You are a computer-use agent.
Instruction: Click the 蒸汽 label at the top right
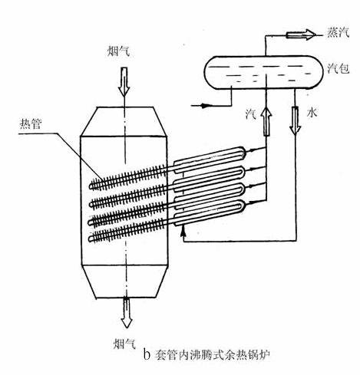[338, 33]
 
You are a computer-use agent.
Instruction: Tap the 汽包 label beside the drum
[339, 68]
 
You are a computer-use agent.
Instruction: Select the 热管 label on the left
[31, 124]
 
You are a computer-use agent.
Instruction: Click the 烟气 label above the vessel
[118, 51]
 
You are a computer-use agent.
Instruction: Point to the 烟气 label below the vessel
[124, 344]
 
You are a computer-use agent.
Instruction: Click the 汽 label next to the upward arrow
[250, 113]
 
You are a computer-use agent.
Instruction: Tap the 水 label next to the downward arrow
[312, 113]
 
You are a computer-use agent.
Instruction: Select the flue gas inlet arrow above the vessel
[124, 82]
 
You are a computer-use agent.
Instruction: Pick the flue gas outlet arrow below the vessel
[126, 313]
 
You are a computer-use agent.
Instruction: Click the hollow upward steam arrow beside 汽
[266, 121]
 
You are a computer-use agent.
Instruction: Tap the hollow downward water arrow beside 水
[295, 120]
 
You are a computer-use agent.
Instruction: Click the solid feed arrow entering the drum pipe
[204, 106]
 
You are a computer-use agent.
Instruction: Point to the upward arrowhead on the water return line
[183, 232]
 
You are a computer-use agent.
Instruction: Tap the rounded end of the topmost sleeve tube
[243, 152]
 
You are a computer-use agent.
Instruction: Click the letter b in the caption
[147, 355]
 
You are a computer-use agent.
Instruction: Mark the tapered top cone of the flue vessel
[124, 121]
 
